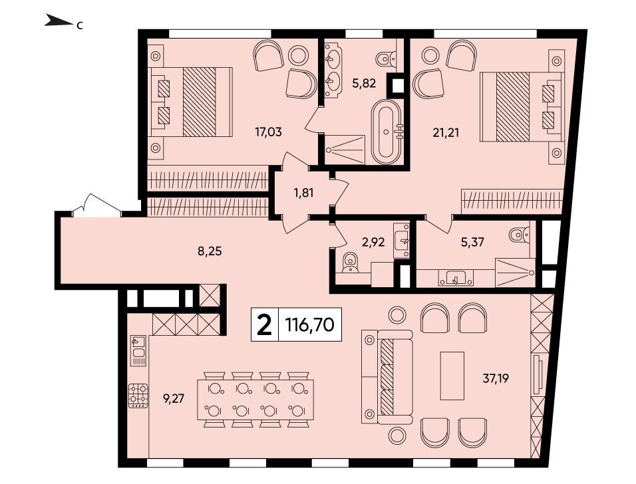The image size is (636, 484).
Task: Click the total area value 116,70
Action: pos(310,324)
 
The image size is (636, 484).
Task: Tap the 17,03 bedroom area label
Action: pos(268,132)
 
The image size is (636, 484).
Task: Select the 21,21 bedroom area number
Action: pos(446,132)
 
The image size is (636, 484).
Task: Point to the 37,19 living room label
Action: pos(496,378)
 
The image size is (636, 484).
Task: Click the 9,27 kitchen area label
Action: pos(174,399)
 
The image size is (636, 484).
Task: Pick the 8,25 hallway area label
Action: pos(210,251)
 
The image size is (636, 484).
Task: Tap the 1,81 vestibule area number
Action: pos(304,193)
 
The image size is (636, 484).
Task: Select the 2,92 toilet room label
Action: pos(373,243)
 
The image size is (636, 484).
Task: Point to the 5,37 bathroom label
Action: pos(473,243)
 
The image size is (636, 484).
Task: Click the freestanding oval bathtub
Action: pos(387,132)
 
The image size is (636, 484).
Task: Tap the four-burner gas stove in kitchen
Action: pos(138,395)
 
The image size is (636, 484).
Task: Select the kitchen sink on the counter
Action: pos(138,350)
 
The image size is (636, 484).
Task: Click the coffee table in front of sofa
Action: pos(452,376)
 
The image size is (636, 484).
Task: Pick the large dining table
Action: pos(255,400)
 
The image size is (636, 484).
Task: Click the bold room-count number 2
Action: pos(265,324)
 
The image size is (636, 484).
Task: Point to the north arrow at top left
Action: pos(59,21)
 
